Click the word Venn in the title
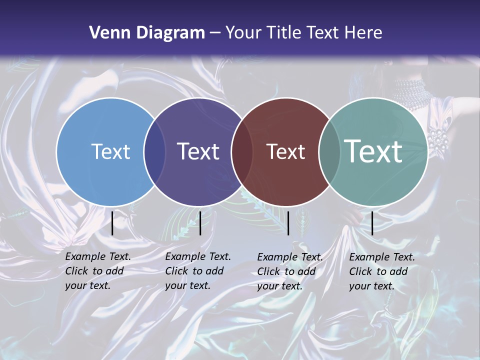[105, 33]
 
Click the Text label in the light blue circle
[110, 151]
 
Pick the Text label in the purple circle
[198, 151]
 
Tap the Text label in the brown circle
[285, 151]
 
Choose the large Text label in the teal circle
[373, 151]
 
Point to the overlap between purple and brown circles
[242, 151]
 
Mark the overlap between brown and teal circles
[329, 151]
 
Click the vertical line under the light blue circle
[112, 223]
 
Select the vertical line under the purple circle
[200, 223]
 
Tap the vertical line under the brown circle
[288, 223]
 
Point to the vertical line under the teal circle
[372, 223]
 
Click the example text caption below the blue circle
[98, 271]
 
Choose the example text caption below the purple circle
[198, 271]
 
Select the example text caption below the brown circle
[290, 271]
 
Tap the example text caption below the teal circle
[382, 271]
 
